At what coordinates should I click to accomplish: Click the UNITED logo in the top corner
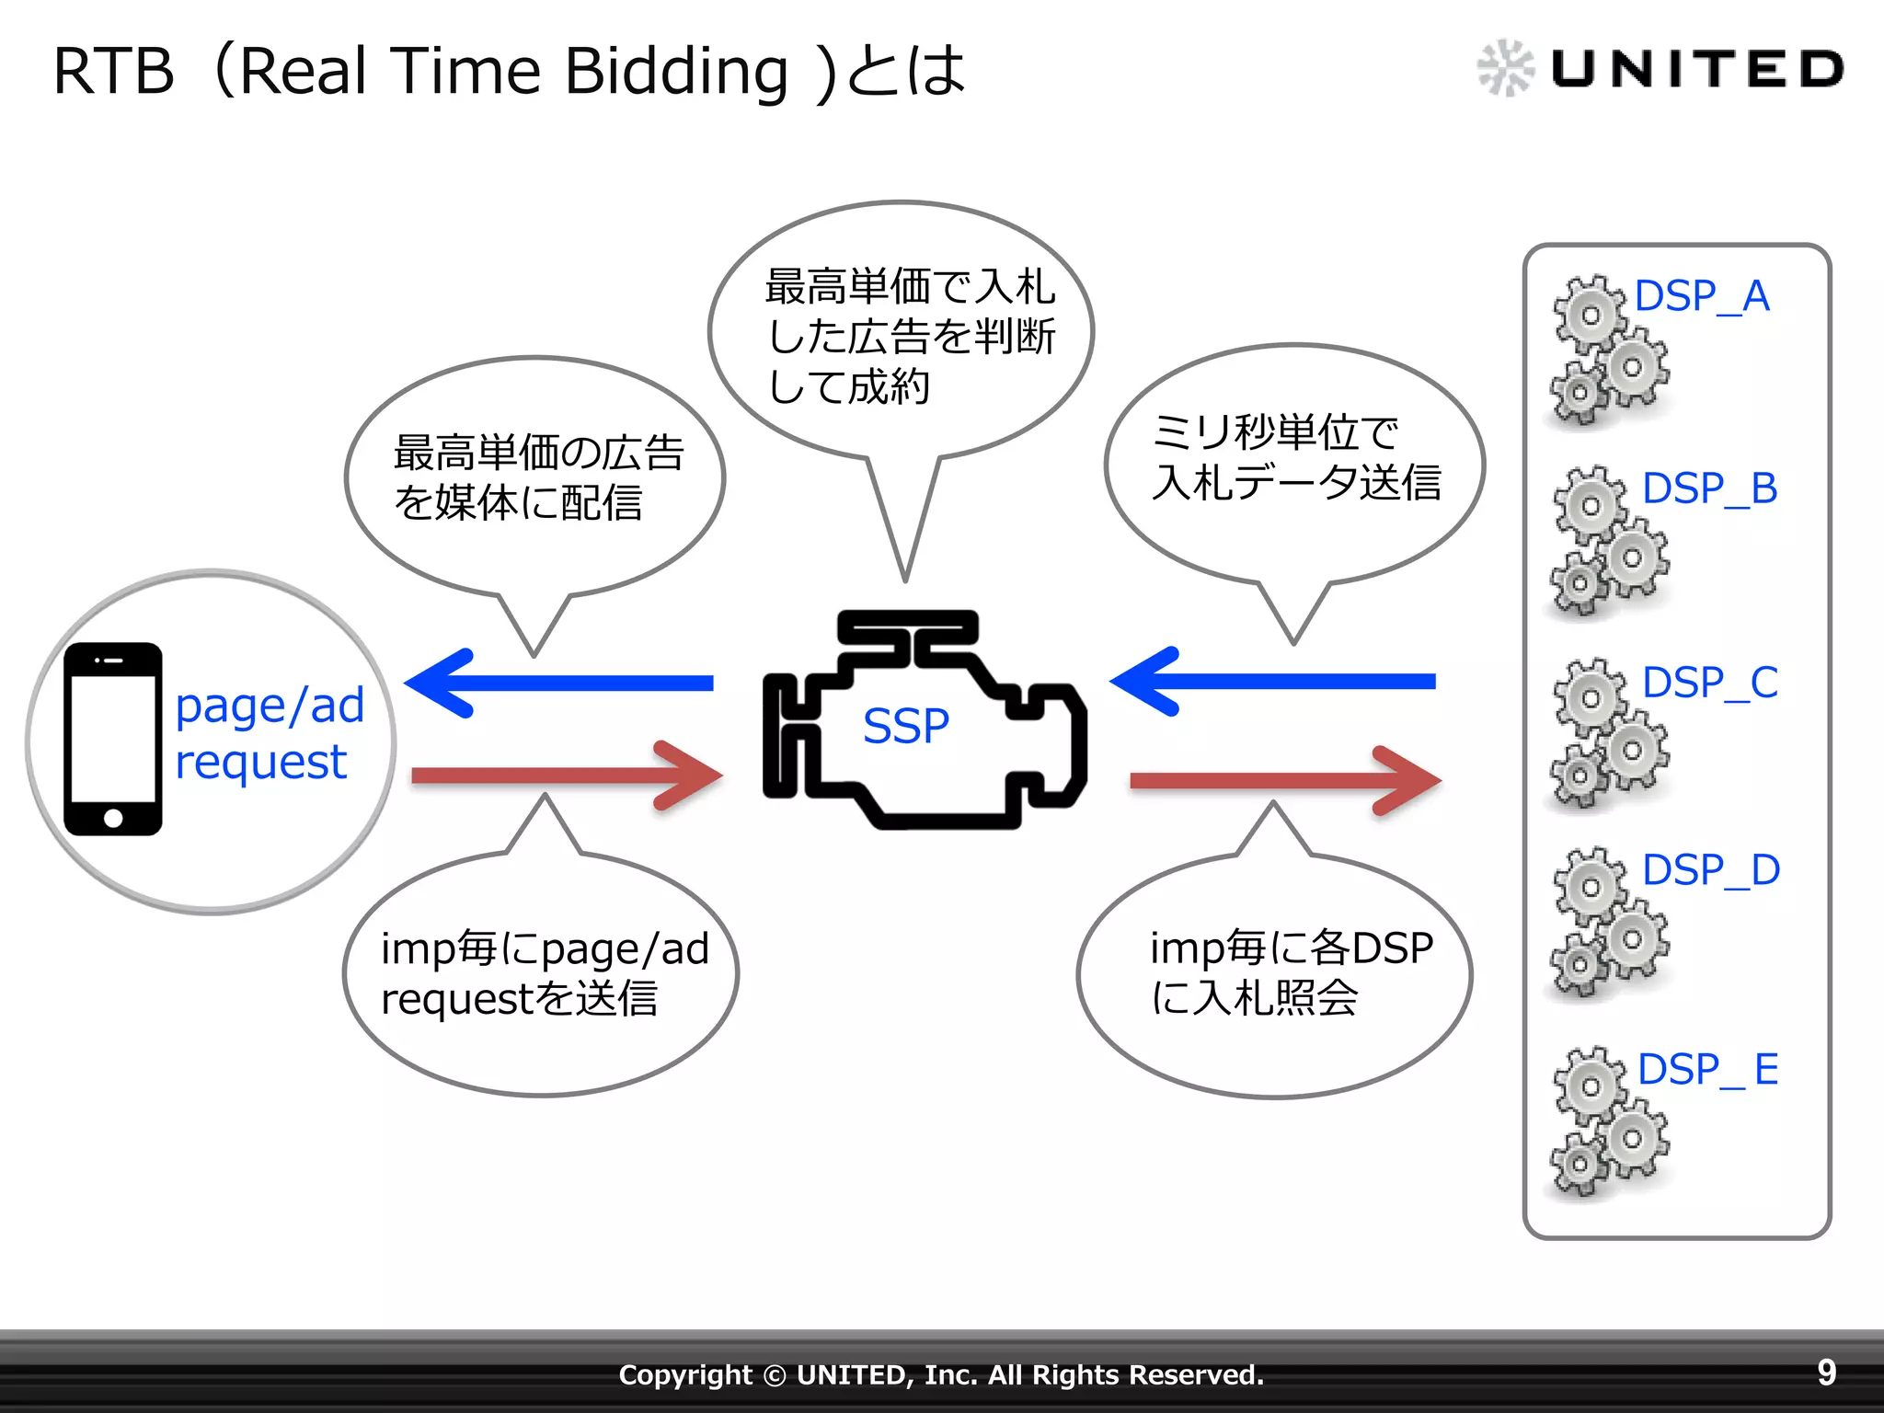coord(1660,68)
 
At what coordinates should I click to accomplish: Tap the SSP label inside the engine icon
coord(905,727)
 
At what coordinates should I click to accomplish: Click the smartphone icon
coord(113,739)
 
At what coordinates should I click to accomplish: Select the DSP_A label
coord(1702,296)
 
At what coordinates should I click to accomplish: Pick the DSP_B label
coord(1709,488)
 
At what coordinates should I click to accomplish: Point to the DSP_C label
coord(1709,683)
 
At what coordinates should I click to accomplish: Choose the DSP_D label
coord(1710,870)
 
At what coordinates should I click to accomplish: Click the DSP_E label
coord(1707,1069)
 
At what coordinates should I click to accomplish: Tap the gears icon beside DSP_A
coord(1609,350)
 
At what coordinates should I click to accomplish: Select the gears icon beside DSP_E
coord(1609,1121)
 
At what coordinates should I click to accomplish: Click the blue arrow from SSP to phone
coord(559,683)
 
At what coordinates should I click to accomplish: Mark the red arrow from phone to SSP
coord(567,775)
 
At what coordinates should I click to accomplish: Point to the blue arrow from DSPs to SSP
coord(1271,682)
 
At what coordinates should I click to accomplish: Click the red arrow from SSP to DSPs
coord(1285,781)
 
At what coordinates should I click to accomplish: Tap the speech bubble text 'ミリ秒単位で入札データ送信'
coord(1295,457)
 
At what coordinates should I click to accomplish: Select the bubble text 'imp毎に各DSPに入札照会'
coord(1291,972)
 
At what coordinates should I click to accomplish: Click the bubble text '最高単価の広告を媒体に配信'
coord(538,477)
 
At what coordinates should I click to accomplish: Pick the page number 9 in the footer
coord(1826,1373)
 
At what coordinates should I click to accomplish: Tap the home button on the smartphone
coord(113,818)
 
